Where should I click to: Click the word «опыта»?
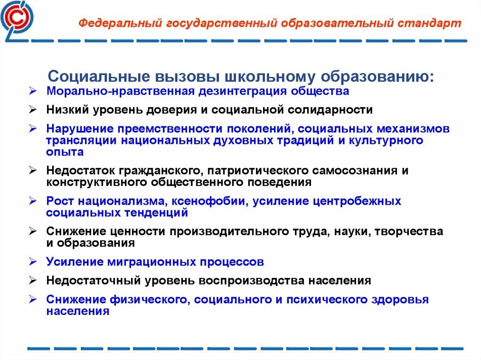coord(65,152)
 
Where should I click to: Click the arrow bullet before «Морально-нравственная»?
coord(32,91)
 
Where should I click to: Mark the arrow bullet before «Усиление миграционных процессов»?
coord(32,261)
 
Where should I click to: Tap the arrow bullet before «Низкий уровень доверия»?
coord(32,110)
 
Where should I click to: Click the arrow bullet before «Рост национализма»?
coord(32,201)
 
